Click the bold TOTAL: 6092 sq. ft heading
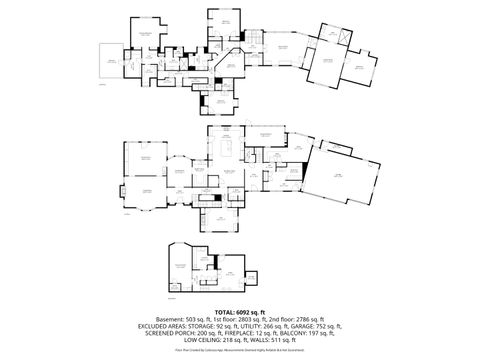coord(240,312)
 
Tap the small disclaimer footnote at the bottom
coord(240,351)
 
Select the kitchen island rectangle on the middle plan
coord(226,152)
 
